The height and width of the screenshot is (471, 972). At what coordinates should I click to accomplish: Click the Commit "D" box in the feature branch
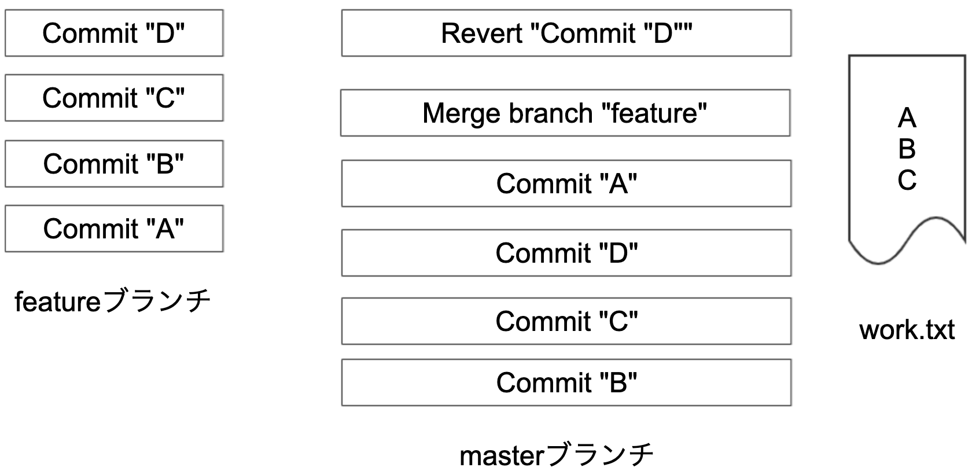[x=114, y=33]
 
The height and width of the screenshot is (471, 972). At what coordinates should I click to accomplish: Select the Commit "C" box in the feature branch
[x=114, y=98]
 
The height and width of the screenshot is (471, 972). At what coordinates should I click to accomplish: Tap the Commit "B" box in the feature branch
[x=114, y=164]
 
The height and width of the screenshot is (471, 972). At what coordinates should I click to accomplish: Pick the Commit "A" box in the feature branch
[x=114, y=229]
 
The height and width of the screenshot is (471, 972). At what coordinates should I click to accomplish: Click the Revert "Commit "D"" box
[x=566, y=33]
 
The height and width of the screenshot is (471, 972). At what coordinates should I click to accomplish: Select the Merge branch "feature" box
[x=565, y=113]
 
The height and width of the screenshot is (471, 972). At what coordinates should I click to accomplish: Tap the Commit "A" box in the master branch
[x=566, y=183]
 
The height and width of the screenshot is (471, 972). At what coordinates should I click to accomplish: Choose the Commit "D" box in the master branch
[x=566, y=253]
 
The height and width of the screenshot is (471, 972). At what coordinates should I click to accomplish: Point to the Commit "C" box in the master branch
[x=566, y=321]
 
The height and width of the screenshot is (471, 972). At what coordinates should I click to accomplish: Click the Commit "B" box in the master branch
[x=566, y=382]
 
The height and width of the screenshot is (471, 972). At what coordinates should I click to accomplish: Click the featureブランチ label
[x=113, y=301]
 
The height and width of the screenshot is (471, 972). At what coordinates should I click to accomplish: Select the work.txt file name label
[x=907, y=330]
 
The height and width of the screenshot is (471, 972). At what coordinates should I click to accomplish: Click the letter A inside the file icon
[x=907, y=119]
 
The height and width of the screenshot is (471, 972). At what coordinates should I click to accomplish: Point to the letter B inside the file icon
[x=907, y=149]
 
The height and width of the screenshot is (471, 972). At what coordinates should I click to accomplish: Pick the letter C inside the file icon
[x=907, y=180]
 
